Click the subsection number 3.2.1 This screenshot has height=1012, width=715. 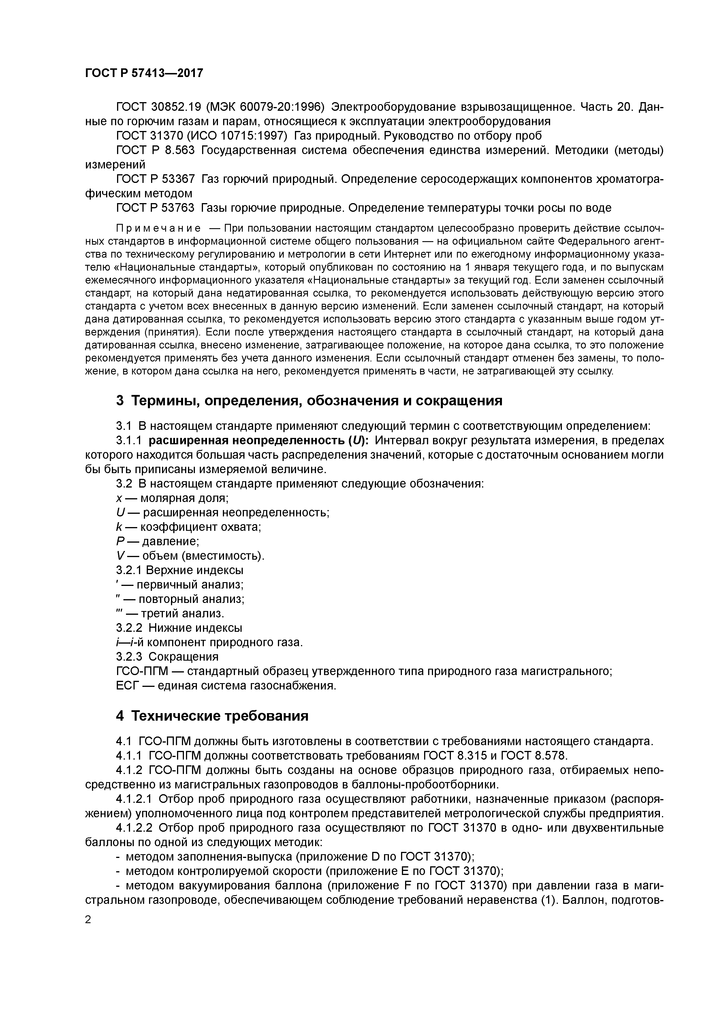(129, 570)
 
